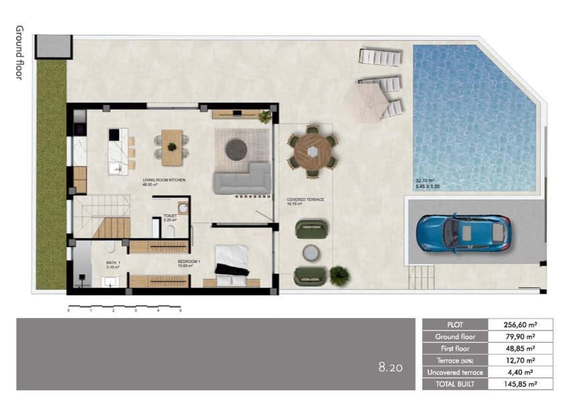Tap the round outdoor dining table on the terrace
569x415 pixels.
click(x=312, y=151)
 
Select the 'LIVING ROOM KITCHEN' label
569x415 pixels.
click(x=163, y=181)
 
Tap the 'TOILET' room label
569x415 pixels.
click(x=170, y=216)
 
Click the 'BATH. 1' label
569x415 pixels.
click(x=113, y=262)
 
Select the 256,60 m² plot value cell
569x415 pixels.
click(x=519, y=325)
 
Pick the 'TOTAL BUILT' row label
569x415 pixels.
click(x=455, y=384)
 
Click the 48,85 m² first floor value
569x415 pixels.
click(x=519, y=349)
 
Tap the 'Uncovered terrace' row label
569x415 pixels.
click(x=455, y=372)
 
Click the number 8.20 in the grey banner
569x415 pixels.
click(x=390, y=367)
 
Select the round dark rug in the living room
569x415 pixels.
click(x=236, y=150)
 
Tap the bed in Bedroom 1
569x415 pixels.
click(x=232, y=260)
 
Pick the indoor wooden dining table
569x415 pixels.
click(x=172, y=147)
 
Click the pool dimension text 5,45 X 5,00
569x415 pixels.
click(x=427, y=186)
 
